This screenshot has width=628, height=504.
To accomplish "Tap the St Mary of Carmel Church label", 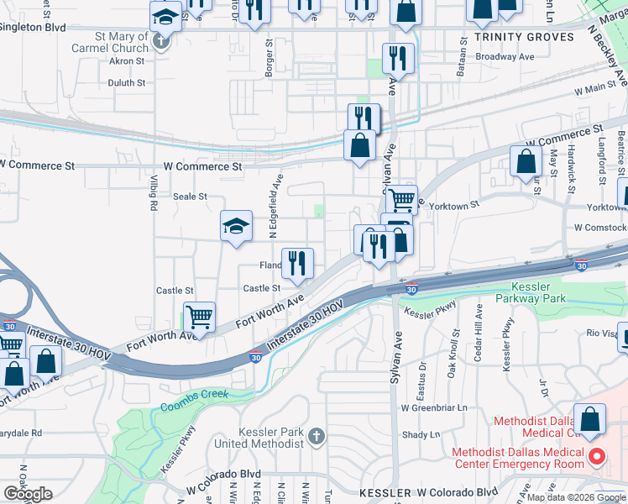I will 112,42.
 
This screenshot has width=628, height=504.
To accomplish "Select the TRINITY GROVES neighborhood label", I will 524,37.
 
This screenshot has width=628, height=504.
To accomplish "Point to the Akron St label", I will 128,61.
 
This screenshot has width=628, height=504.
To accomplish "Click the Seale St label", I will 190,197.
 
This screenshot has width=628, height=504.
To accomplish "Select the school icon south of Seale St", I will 237,226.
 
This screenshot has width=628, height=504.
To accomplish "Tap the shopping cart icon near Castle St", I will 199,318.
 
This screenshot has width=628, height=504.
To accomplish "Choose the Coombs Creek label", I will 195,407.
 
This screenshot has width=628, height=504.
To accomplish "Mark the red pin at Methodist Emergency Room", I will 597,457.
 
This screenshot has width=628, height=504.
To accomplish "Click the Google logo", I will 27,494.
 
